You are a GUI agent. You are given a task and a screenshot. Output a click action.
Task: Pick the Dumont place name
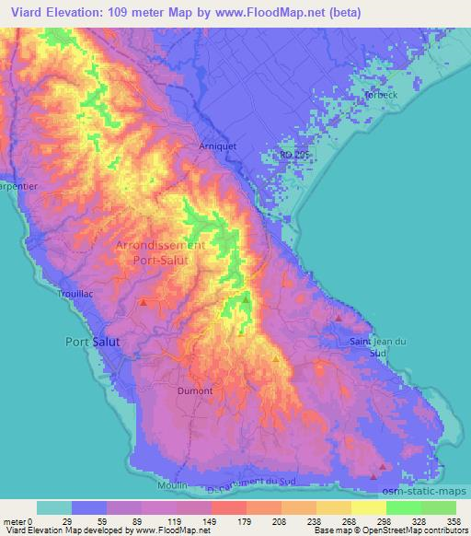coord(194,390)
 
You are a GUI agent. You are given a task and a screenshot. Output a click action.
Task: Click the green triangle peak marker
coord(247,298)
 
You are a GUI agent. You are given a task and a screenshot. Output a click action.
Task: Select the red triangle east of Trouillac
coord(144,301)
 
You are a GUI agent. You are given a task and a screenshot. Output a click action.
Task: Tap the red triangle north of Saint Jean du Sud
coord(339,318)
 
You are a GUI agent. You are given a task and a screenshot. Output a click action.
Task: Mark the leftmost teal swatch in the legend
coord(54,507)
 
